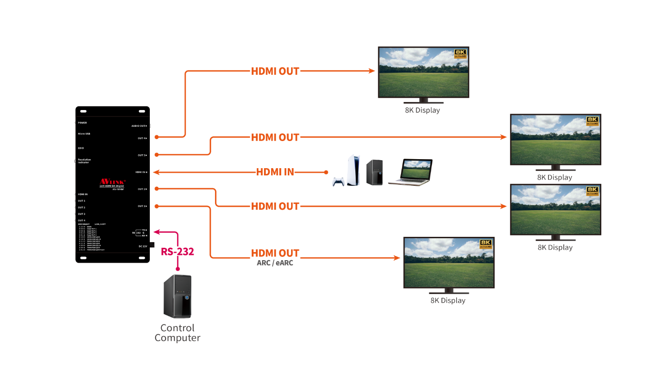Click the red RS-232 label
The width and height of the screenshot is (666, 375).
177,252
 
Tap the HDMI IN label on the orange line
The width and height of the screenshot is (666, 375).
275,172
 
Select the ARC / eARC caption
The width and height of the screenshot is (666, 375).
275,263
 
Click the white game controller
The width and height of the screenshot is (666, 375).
338,182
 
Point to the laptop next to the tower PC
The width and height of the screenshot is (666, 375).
410,172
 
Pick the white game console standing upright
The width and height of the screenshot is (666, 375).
353,170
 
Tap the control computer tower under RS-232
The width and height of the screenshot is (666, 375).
177,296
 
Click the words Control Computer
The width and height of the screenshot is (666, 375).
177,333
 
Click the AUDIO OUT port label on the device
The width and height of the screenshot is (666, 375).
139,126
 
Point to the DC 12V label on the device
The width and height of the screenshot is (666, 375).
143,246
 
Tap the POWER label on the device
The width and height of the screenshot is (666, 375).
82,122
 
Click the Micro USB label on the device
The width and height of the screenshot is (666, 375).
84,134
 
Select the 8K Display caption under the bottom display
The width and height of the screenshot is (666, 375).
448,301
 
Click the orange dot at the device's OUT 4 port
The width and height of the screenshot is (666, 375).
157,137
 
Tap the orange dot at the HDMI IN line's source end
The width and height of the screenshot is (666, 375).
326,172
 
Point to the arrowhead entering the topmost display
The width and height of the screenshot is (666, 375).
373,71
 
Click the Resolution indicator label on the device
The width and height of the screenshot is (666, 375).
84,161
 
